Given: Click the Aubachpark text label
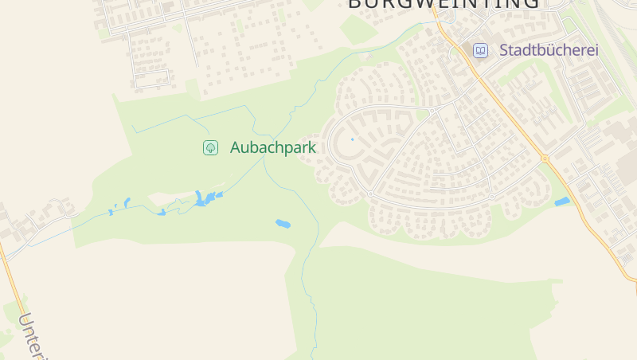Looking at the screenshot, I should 273,147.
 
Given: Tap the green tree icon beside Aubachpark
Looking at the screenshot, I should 210,147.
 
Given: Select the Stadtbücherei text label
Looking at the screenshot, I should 549,50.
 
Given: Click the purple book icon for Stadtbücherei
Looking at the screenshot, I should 480,50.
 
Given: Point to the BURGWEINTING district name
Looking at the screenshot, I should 444,4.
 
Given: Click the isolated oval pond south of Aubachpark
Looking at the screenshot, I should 283,224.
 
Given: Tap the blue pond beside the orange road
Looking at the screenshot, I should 562,202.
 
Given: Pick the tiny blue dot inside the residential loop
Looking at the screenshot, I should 352,139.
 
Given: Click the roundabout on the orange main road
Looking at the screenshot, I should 545,158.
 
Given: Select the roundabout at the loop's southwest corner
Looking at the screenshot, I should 370,194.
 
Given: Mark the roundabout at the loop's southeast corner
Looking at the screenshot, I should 492,196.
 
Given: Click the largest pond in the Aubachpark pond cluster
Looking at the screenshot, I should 201,198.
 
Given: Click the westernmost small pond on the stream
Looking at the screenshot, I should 111,212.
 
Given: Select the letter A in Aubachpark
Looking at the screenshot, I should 236,147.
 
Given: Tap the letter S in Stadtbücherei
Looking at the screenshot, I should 504,50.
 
